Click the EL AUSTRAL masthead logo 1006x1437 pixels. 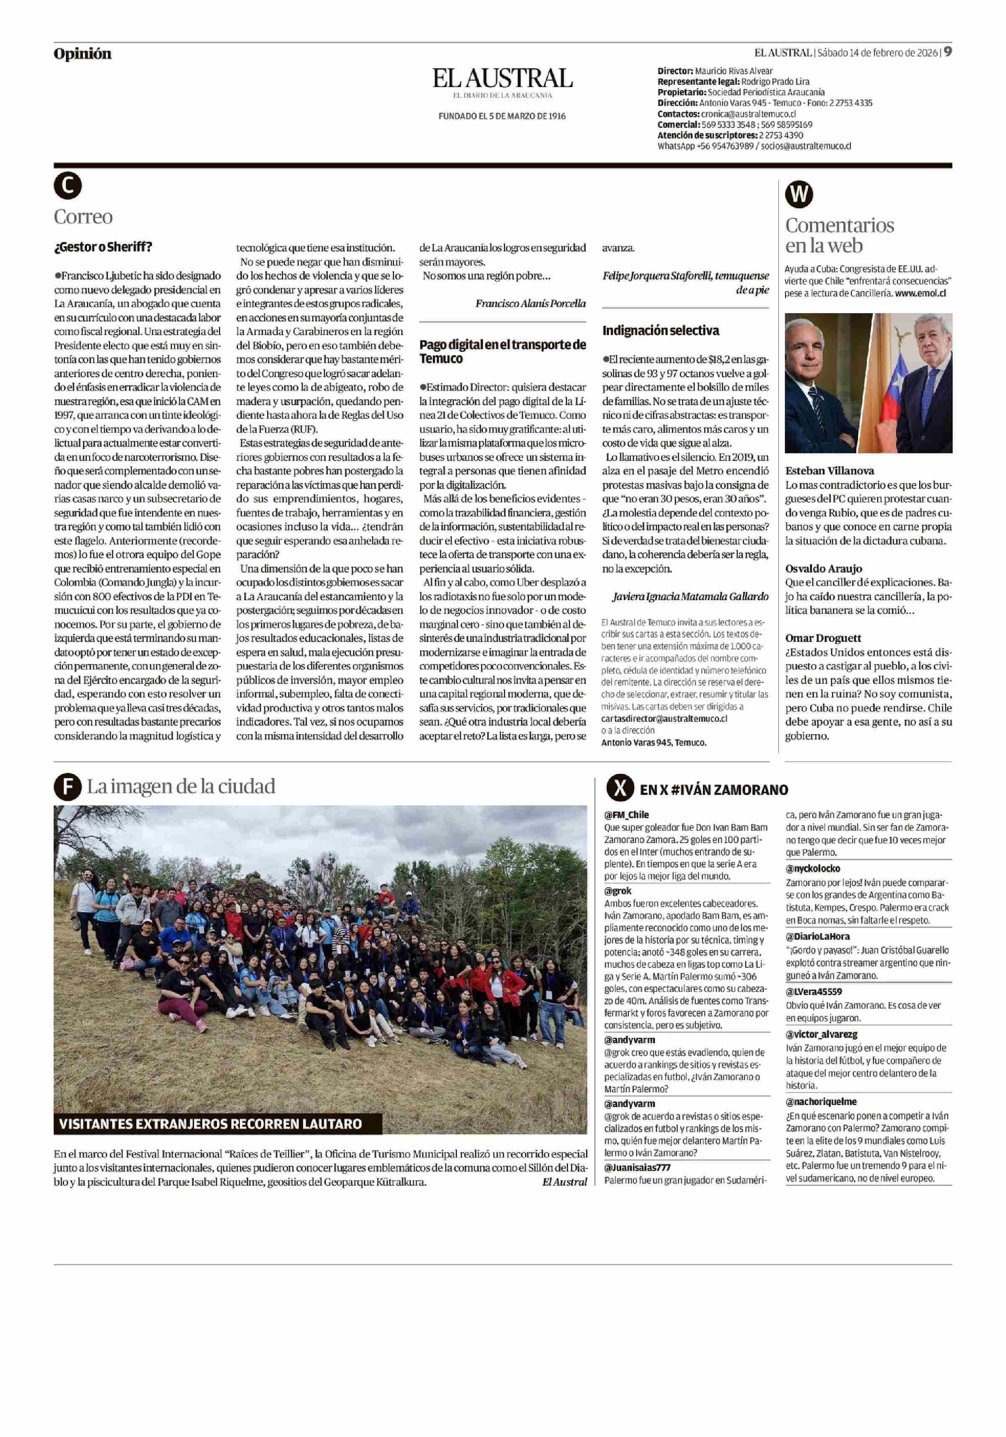tap(502, 79)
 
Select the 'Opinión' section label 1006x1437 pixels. tap(82, 54)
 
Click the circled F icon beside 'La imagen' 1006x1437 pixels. tap(67, 787)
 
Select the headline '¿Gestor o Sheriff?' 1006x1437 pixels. tap(103, 247)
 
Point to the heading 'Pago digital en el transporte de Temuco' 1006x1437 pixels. tap(502, 351)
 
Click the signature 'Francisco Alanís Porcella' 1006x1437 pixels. tap(530, 304)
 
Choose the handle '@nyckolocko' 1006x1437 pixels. tap(813, 868)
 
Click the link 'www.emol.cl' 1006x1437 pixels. tap(920, 293)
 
